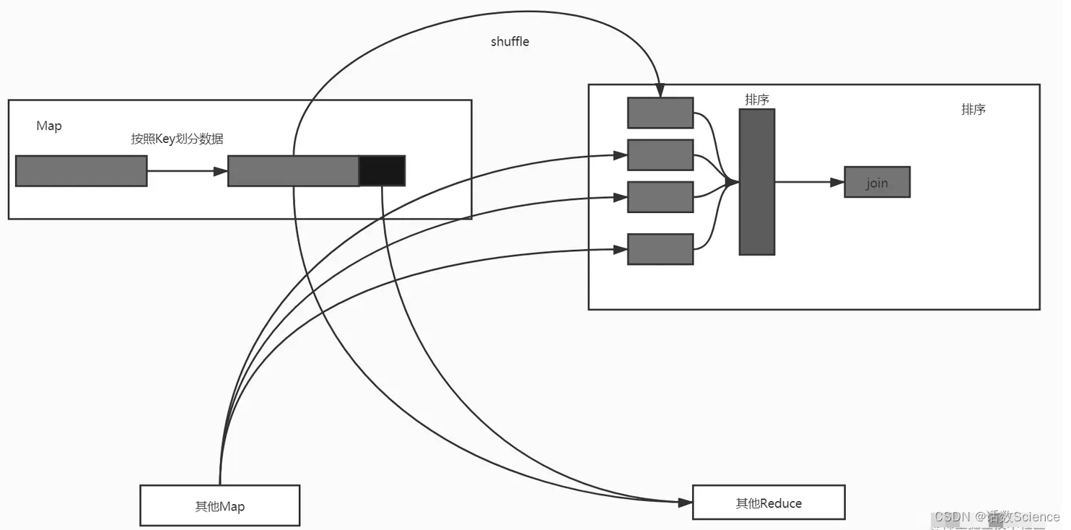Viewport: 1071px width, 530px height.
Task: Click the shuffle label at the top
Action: tap(510, 42)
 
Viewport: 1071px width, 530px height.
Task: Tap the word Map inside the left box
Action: tap(49, 126)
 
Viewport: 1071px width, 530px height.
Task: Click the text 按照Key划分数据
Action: tap(177, 139)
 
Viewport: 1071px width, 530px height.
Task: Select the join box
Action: tap(877, 183)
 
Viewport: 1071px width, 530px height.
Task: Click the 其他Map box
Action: tap(219, 505)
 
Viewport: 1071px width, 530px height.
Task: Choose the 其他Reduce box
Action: tap(768, 503)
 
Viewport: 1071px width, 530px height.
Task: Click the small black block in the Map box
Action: tap(382, 171)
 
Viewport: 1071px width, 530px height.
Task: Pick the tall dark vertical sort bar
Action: tap(756, 182)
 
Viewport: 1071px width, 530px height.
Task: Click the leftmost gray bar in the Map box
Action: tap(81, 171)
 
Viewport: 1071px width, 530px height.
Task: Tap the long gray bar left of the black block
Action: tap(293, 171)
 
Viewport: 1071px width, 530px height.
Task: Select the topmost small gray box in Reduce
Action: tap(660, 113)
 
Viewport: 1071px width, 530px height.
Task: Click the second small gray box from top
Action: tap(660, 155)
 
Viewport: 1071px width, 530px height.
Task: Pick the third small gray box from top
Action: tap(660, 197)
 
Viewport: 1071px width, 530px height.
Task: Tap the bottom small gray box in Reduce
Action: tap(660, 249)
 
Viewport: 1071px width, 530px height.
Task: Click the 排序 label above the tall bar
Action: tap(756, 100)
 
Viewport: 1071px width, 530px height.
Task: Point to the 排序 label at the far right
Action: tap(973, 110)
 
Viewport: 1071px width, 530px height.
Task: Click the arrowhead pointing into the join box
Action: tap(837, 183)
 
